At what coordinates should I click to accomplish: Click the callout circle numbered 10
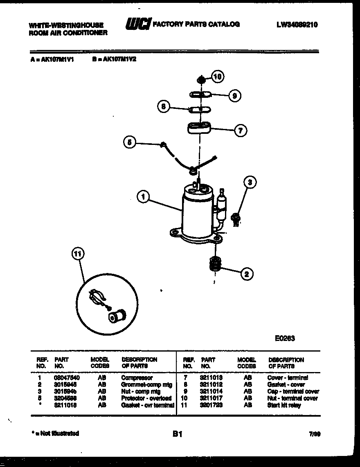[x=218, y=76]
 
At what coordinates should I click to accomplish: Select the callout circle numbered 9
[x=234, y=96]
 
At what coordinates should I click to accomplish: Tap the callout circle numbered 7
[x=240, y=131]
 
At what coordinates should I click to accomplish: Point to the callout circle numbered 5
[x=129, y=142]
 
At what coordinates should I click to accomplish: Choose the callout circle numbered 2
[x=246, y=274]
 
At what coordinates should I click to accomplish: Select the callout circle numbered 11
[x=77, y=254]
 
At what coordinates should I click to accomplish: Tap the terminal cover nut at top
[x=201, y=78]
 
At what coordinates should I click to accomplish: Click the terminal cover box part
[x=199, y=128]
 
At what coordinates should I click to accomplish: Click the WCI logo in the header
[x=138, y=24]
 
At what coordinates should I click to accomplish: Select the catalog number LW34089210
[x=297, y=25]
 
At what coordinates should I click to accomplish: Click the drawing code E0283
[x=285, y=338]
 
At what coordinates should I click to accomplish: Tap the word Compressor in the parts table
[x=137, y=378]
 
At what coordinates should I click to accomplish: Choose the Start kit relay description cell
[x=284, y=405]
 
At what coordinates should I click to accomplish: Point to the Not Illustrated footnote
[x=55, y=433]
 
